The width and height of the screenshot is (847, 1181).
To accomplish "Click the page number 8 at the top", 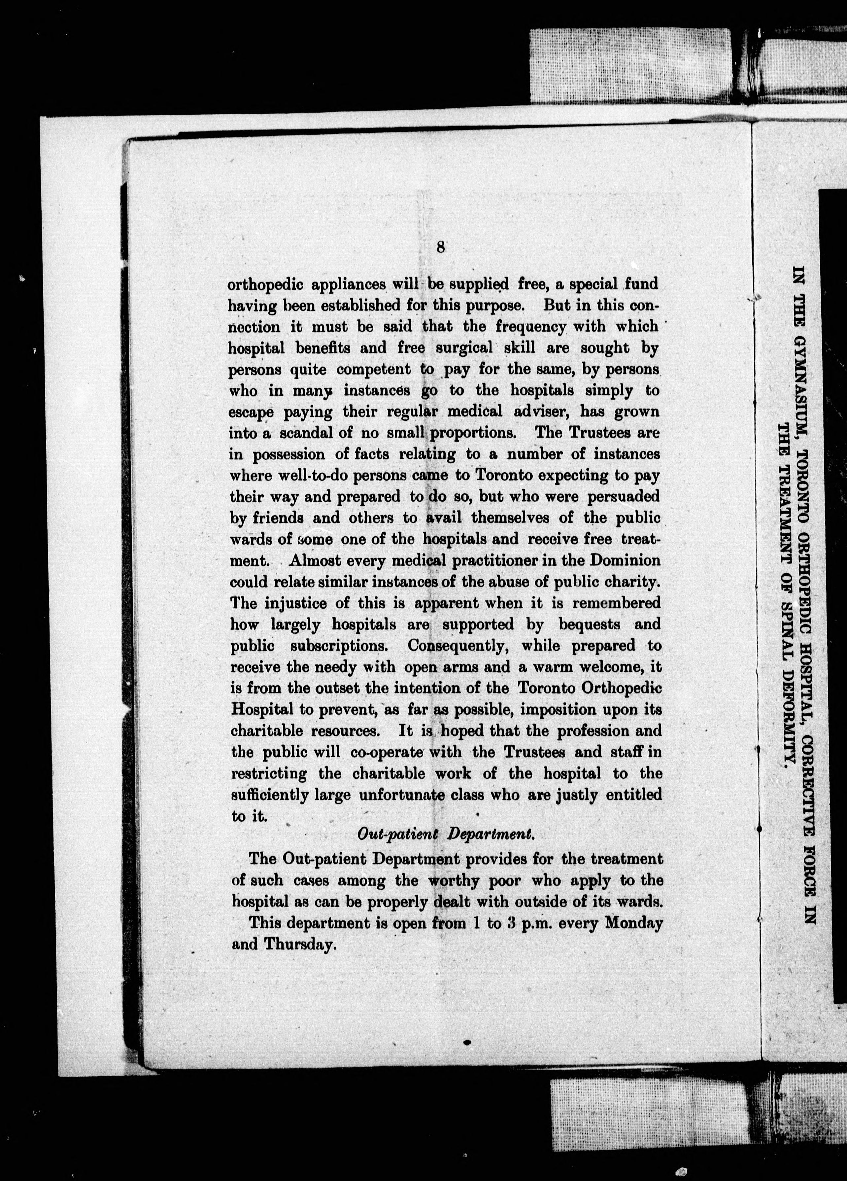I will click(x=440, y=247).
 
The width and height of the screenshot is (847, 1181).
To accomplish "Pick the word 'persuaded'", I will click(x=623, y=496).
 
